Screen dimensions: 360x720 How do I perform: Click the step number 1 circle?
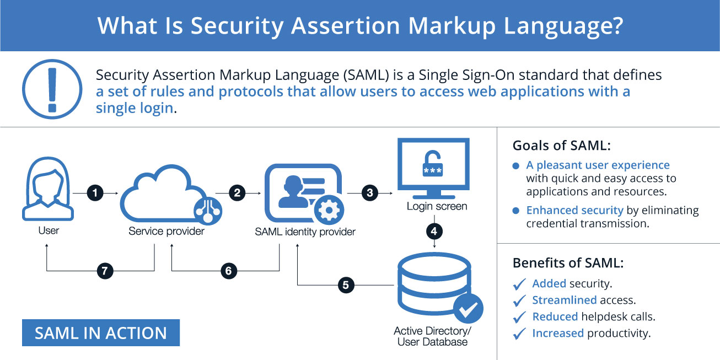(x=95, y=193)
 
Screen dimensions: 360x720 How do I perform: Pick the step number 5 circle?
(x=346, y=285)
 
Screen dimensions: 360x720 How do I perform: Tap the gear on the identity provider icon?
(x=329, y=209)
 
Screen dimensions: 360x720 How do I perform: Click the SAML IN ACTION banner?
(x=101, y=333)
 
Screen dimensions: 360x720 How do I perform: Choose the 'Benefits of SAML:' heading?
(x=568, y=262)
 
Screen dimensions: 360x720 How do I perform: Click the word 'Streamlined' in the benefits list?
(x=564, y=300)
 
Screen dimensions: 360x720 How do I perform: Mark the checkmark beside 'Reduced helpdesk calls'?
(x=519, y=318)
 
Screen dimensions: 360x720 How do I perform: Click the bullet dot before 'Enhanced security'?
(x=516, y=211)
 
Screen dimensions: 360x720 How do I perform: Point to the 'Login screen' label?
(x=437, y=207)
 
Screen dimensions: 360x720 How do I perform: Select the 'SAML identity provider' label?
(x=305, y=232)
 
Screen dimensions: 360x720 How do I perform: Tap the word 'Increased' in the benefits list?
(x=557, y=333)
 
